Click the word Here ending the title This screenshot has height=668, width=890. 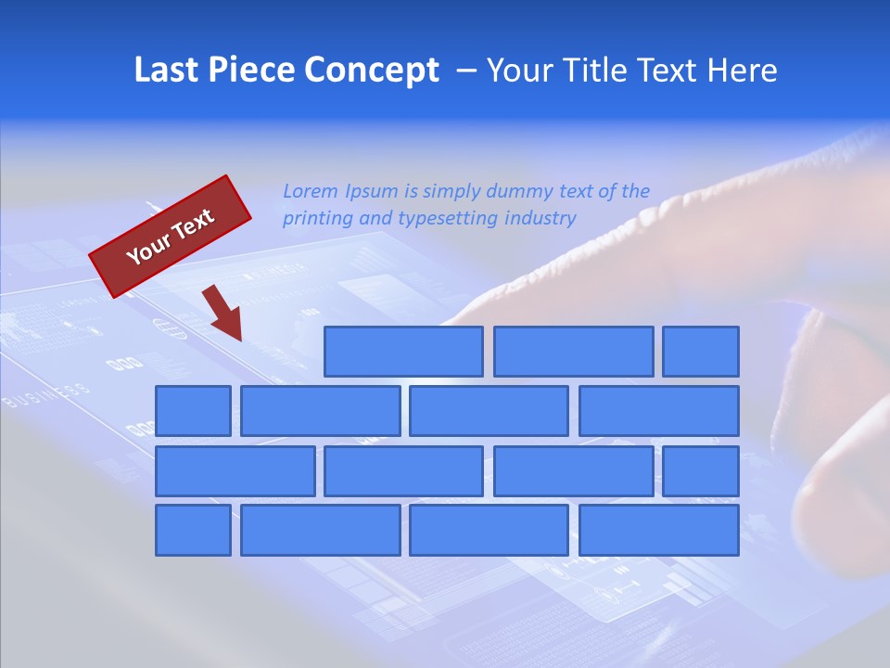point(743,71)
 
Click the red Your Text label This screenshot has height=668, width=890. point(171,236)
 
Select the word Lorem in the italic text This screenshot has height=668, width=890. point(311,192)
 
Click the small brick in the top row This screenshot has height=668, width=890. point(701,352)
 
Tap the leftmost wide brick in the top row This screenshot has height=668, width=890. point(403,352)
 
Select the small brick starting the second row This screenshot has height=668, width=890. point(193,411)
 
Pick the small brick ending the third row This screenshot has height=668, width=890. point(701,471)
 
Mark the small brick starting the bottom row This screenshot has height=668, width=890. point(193,531)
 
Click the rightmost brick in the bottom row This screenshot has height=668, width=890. point(659,531)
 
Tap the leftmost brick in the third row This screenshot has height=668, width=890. point(235,471)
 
